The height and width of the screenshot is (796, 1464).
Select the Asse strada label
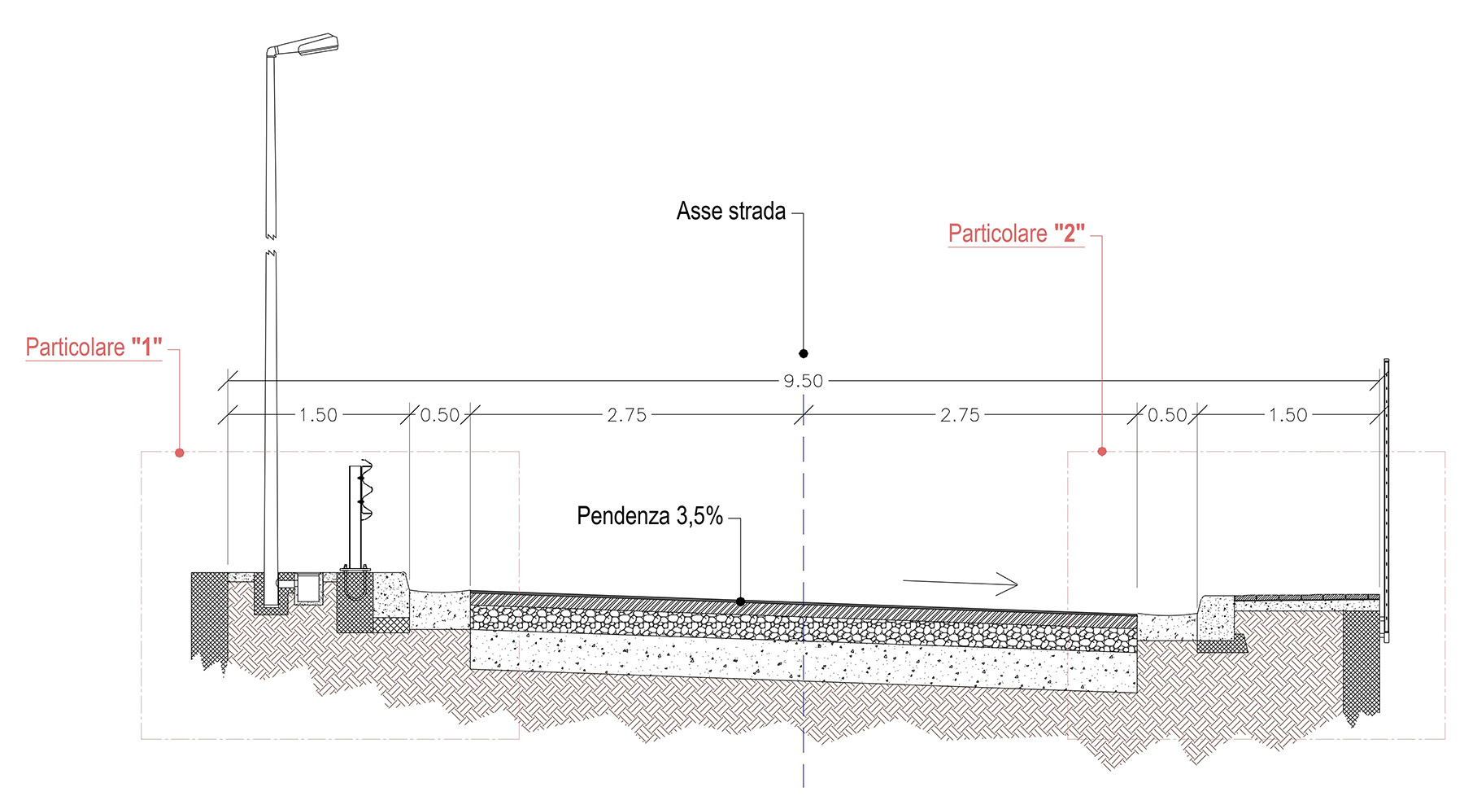(x=731, y=212)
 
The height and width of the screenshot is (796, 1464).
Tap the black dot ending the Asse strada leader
(x=804, y=353)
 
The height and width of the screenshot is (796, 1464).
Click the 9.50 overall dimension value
(x=804, y=381)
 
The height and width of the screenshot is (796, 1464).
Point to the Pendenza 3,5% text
(x=650, y=516)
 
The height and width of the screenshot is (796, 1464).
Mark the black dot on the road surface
(x=740, y=601)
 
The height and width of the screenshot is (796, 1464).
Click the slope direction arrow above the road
(x=960, y=583)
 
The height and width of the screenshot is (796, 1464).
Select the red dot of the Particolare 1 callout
(x=180, y=453)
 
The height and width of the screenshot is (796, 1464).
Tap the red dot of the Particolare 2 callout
(x=1102, y=451)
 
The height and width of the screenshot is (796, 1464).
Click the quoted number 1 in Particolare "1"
(x=146, y=348)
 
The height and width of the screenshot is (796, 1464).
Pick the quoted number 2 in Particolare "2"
(x=1070, y=234)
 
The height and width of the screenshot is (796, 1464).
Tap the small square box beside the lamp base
(x=308, y=588)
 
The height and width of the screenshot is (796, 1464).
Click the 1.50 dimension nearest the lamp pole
(x=318, y=415)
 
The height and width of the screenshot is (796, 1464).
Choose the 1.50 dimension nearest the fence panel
(x=1288, y=415)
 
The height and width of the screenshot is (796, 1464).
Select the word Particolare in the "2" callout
(x=998, y=234)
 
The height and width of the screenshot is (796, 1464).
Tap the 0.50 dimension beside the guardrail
(x=440, y=415)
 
